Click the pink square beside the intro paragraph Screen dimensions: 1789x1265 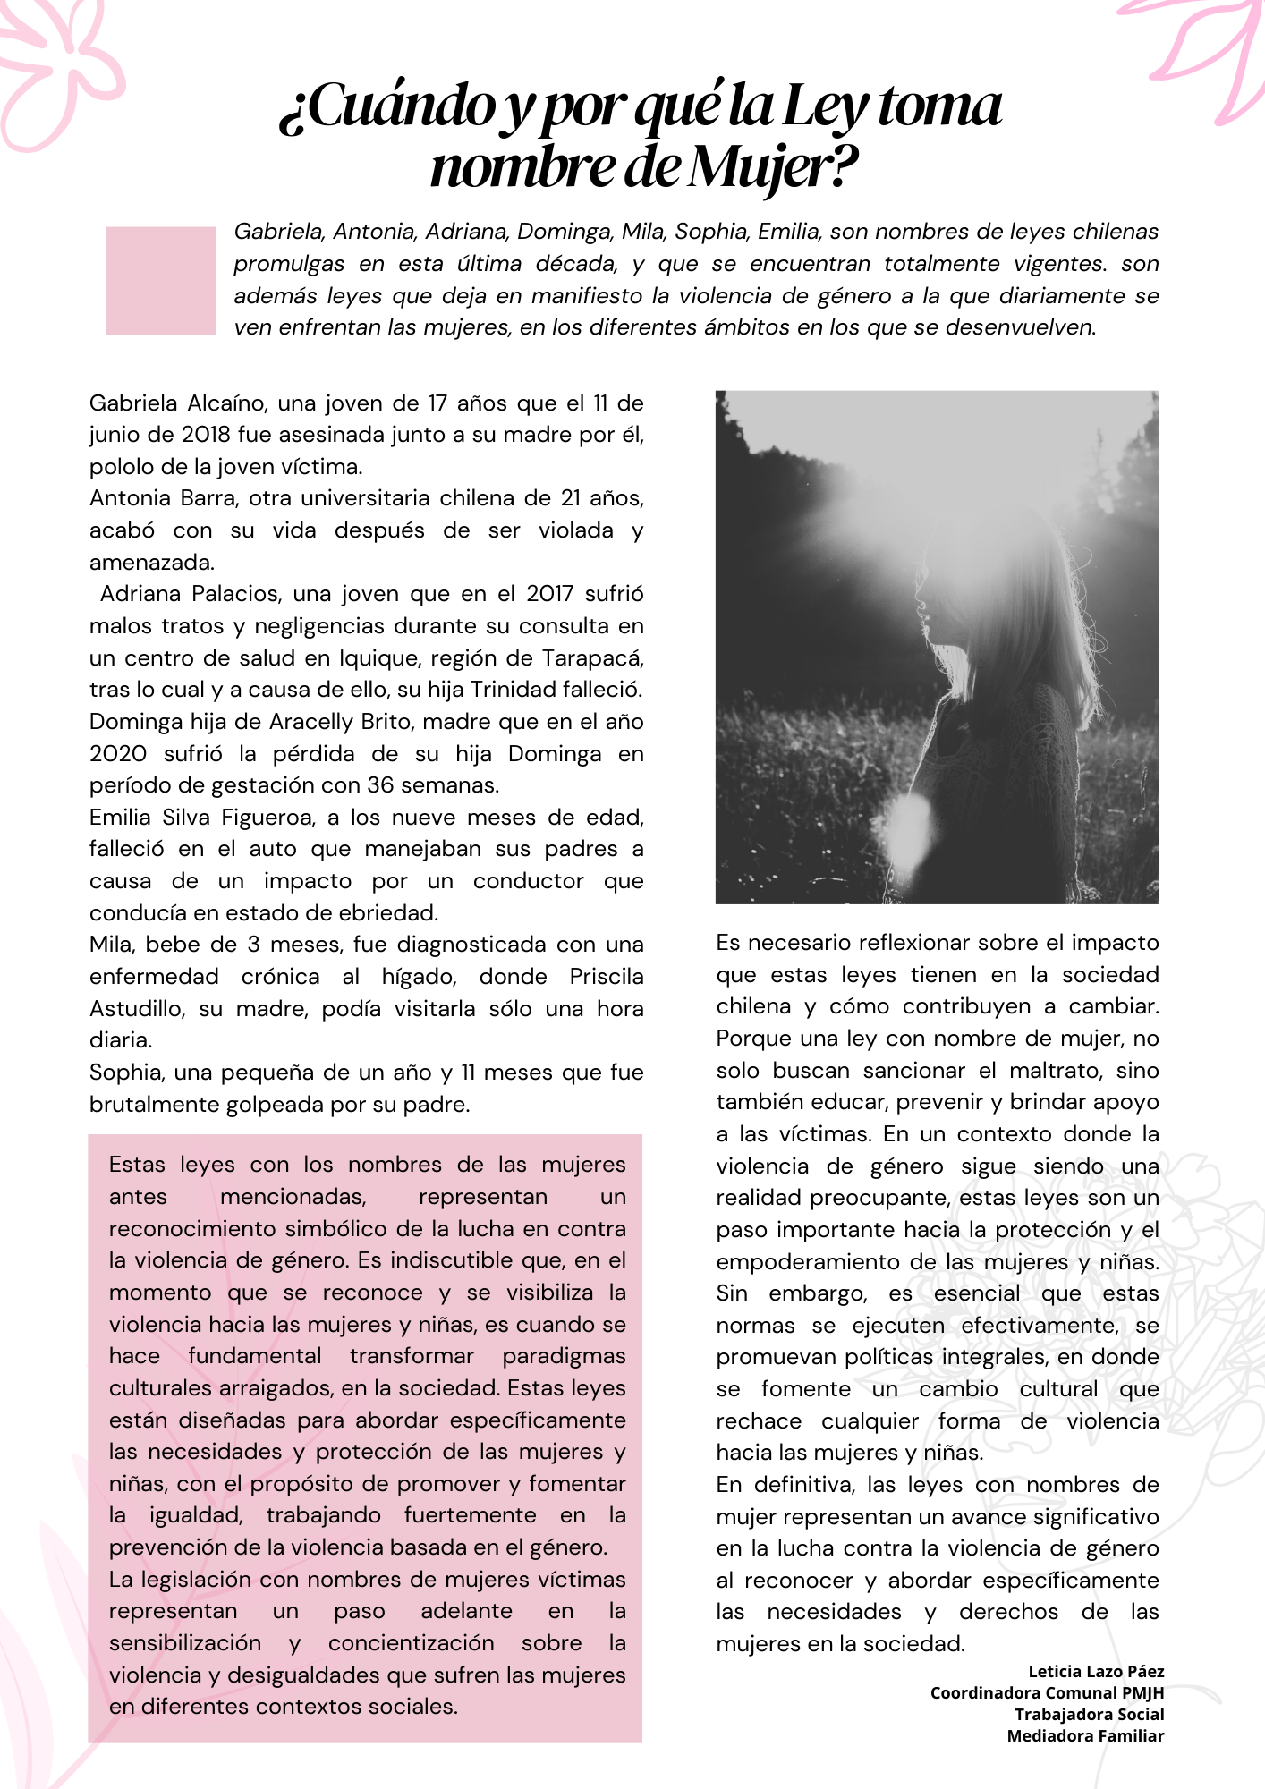pos(161,281)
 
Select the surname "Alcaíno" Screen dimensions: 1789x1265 pos(226,403)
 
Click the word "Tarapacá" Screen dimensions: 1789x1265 pos(592,658)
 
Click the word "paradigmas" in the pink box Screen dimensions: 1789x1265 pos(564,1356)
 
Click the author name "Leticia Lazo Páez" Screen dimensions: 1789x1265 pos(1096,1671)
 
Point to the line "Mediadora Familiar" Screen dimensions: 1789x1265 pos(1085,1736)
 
